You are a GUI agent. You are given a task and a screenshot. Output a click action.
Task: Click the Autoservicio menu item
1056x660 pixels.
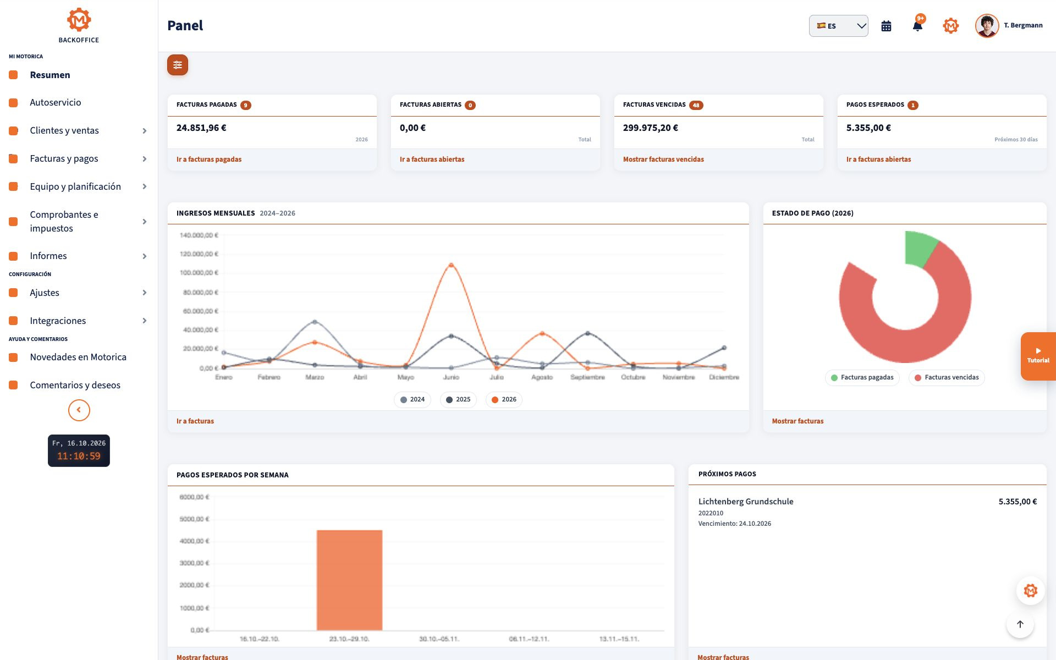pyautogui.click(x=55, y=102)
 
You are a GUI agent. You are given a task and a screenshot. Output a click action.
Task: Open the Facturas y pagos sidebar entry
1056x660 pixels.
pyautogui.click(x=64, y=158)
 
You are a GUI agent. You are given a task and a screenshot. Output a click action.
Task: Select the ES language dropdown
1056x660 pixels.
pyautogui.click(x=838, y=26)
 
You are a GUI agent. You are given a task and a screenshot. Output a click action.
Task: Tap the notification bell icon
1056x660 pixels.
pyautogui.click(x=917, y=26)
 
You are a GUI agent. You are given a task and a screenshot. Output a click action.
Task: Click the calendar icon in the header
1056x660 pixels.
pyautogui.click(x=886, y=26)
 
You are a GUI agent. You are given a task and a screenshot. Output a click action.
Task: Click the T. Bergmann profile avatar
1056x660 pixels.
pyautogui.click(x=987, y=26)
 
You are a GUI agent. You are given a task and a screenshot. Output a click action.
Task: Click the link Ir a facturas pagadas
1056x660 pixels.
pyautogui.click(x=209, y=159)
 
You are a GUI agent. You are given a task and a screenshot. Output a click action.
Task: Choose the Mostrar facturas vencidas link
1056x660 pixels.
pyautogui.click(x=663, y=159)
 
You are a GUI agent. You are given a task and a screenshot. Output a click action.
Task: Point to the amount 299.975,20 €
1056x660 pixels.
pyautogui.click(x=651, y=128)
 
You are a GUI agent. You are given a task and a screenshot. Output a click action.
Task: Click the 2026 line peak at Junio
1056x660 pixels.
pyautogui.click(x=451, y=265)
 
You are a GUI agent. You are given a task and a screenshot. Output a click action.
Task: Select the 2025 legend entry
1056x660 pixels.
pyautogui.click(x=458, y=399)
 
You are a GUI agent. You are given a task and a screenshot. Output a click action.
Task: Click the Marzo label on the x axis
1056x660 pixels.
pyautogui.click(x=315, y=377)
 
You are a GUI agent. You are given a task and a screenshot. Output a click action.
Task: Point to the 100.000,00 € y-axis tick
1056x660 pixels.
pyautogui.click(x=199, y=273)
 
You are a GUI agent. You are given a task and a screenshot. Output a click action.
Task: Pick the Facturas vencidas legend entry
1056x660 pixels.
pyautogui.click(x=947, y=377)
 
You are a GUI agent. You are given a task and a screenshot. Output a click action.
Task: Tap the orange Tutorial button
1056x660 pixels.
pyautogui.click(x=1038, y=356)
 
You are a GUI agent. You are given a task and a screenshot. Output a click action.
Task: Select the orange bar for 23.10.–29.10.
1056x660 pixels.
pyautogui.click(x=349, y=580)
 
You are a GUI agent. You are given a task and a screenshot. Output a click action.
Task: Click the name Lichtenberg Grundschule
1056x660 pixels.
pyautogui.click(x=746, y=502)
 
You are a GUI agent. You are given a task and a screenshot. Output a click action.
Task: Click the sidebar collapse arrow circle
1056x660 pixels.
pyautogui.click(x=79, y=410)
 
